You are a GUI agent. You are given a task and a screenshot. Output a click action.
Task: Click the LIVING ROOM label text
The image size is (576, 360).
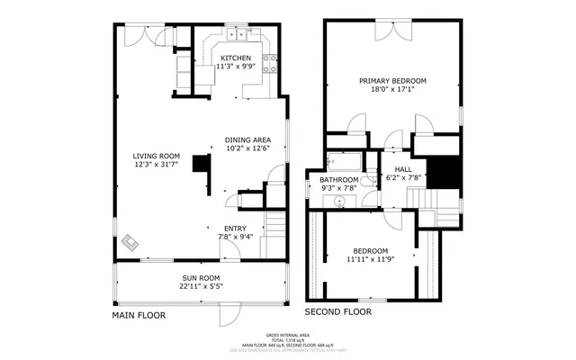click(x=157, y=156)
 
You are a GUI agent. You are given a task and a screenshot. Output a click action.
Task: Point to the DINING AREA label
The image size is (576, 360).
click(x=247, y=139)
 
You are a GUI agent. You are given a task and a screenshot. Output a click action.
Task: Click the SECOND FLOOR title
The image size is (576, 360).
click(x=337, y=311)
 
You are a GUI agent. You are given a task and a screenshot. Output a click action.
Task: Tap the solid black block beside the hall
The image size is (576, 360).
click(x=441, y=172)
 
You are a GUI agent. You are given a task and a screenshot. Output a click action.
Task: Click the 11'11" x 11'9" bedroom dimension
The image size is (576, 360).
click(x=370, y=260)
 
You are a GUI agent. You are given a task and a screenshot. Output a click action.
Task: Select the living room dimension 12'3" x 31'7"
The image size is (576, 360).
click(x=157, y=165)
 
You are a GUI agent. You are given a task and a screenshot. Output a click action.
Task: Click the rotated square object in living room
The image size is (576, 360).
click(x=131, y=241)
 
